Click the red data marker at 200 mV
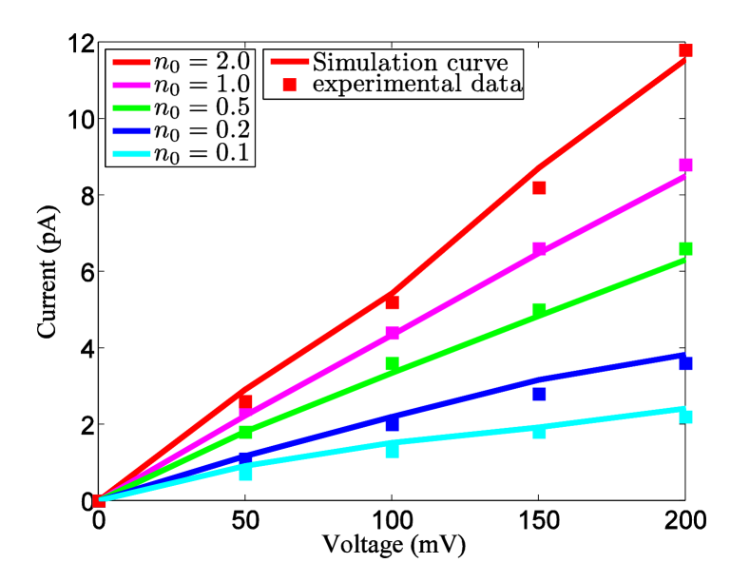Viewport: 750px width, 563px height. [x=685, y=50]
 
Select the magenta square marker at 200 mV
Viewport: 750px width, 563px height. [x=685, y=165]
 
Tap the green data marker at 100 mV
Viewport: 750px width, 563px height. [x=393, y=363]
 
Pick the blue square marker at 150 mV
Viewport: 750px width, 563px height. [x=539, y=394]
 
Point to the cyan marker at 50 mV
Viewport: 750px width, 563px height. [x=246, y=472]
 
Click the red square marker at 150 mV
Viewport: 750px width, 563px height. [x=539, y=188]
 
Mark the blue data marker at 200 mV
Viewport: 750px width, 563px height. [x=685, y=363]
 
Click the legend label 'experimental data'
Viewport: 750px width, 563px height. [x=418, y=86]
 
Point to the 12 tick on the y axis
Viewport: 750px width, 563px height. [x=80, y=44]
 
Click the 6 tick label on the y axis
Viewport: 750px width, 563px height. [x=84, y=272]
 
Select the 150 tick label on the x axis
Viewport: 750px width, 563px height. [x=539, y=520]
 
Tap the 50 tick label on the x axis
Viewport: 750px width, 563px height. [x=246, y=520]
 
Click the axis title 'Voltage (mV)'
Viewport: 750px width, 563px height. [x=393, y=545]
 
